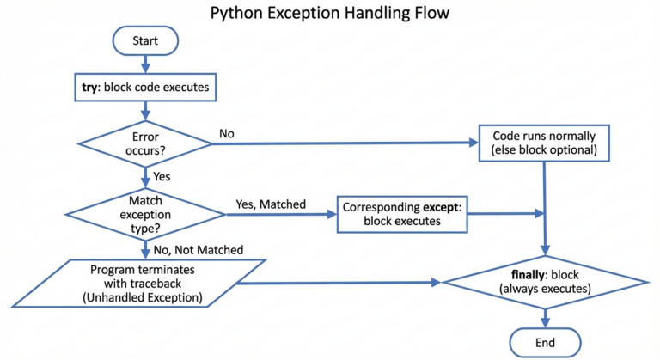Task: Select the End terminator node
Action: (543, 341)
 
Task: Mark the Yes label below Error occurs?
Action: (162, 177)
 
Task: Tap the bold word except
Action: (440, 207)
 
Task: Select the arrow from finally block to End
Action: (543, 316)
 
